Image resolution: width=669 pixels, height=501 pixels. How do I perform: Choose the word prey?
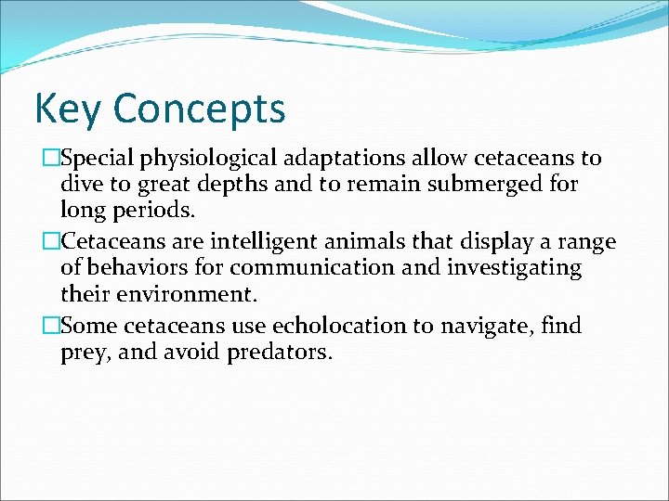pyautogui.click(x=84, y=353)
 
